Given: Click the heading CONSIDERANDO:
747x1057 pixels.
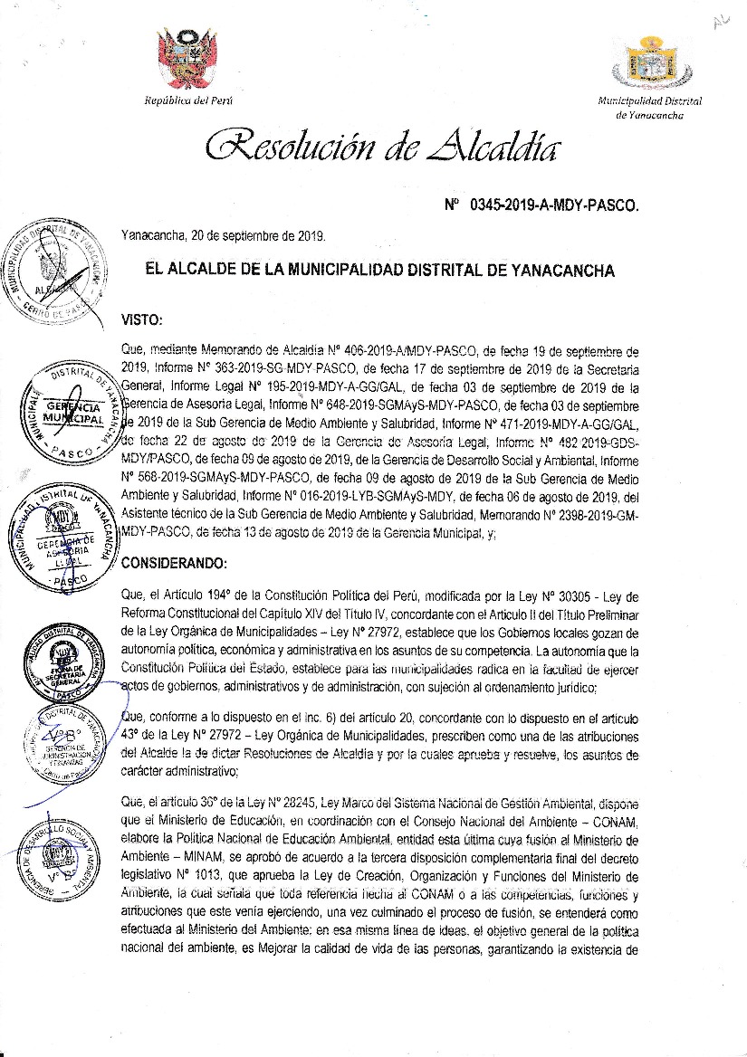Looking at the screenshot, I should click(x=173, y=563).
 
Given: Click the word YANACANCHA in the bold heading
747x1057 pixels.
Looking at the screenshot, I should click(x=561, y=271).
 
